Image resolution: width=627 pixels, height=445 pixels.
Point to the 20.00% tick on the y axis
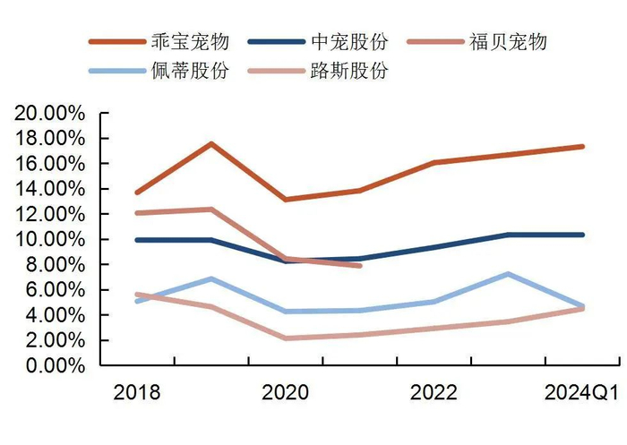tap(49, 114)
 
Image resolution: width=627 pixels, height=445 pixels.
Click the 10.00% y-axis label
tap(49, 240)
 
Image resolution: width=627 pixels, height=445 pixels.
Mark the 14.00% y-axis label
tap(49, 189)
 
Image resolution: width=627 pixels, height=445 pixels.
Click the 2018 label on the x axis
tap(136, 393)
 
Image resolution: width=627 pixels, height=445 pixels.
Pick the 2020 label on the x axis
tap(285, 393)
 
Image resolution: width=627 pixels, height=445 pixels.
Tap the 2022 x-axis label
tap(434, 393)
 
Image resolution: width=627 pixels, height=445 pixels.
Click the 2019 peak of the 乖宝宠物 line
tap(210, 144)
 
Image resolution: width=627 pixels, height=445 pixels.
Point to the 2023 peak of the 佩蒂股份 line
tap(508, 274)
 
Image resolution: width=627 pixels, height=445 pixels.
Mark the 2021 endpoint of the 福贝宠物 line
tap(359, 265)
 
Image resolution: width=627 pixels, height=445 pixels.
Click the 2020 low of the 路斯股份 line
tap(285, 338)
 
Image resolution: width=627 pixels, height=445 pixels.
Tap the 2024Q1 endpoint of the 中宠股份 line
tap(582, 235)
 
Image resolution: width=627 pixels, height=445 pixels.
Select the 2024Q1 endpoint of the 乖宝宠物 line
tap(582, 146)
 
